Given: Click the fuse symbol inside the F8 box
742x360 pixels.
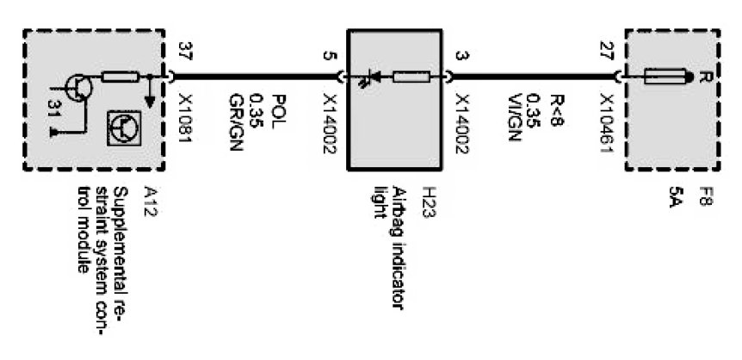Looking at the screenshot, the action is coord(664,78).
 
